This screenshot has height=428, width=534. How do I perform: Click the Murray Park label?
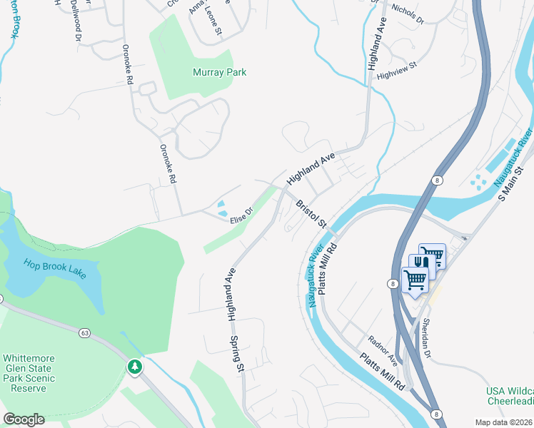(x=219, y=72)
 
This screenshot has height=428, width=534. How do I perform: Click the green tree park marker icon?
(x=134, y=367)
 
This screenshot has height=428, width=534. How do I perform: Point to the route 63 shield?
(x=86, y=332)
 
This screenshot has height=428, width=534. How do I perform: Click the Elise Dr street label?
(x=241, y=215)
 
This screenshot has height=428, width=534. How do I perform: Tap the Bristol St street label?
(x=311, y=213)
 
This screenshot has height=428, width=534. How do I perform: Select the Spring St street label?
(x=241, y=360)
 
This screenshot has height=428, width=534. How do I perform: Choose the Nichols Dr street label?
(x=408, y=14)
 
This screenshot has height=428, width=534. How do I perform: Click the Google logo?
(x=24, y=419)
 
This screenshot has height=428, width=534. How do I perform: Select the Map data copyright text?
(x=504, y=422)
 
